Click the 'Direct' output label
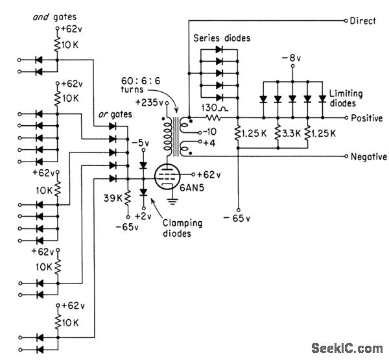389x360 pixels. (x=363, y=21)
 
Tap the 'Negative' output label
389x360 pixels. (x=368, y=157)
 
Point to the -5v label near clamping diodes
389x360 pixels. (x=139, y=143)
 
